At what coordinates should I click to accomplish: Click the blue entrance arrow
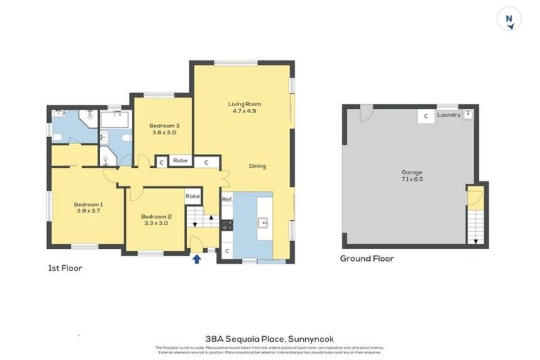197,259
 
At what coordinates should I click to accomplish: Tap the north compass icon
508,19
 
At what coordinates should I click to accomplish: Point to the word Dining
257,166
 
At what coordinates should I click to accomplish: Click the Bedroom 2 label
155,216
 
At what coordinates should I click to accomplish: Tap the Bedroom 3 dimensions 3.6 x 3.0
162,132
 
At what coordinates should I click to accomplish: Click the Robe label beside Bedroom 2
193,196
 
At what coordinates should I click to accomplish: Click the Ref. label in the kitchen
226,200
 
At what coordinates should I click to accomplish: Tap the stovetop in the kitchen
227,225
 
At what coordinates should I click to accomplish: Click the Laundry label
448,115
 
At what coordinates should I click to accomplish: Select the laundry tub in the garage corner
468,115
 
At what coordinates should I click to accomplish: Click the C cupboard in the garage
425,117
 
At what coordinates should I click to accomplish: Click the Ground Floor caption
366,258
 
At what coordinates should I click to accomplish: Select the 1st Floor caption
65,268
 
